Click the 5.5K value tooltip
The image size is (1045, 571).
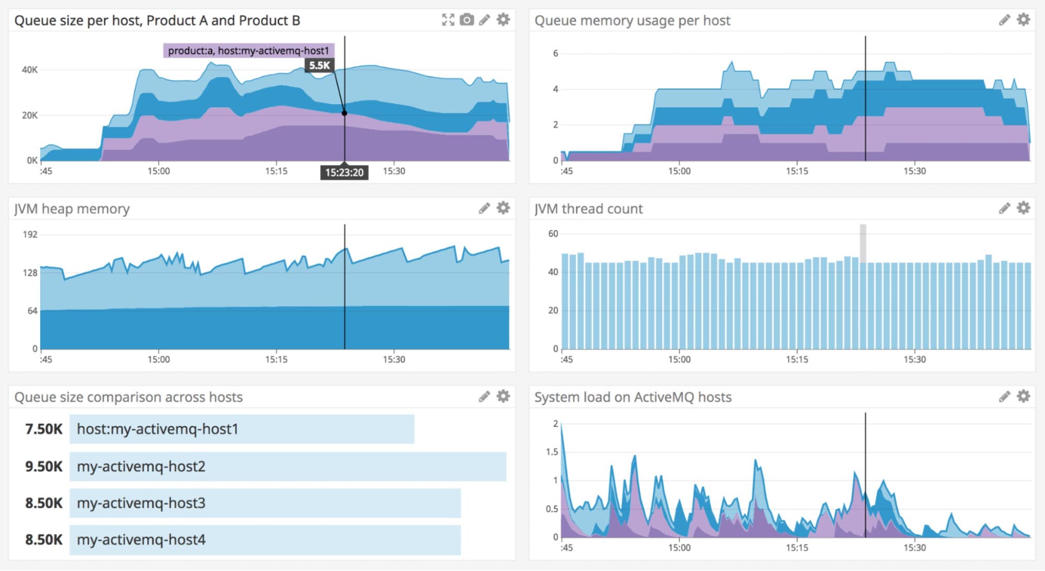pos(319,65)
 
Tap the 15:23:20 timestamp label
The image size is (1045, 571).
pos(344,172)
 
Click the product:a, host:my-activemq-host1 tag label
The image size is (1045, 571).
pos(248,51)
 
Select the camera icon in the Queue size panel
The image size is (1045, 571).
pos(466,20)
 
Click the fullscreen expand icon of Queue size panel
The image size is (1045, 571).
pos(448,20)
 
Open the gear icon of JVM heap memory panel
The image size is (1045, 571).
pos(503,208)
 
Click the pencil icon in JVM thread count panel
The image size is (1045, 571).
pos(1004,208)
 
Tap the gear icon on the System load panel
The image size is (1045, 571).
pos(1023,397)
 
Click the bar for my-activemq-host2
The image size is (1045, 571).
pos(288,466)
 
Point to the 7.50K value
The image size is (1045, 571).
pos(43,429)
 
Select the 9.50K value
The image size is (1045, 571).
pos(43,466)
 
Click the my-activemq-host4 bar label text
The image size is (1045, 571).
pos(141,540)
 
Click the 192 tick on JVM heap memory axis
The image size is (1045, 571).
pos(30,235)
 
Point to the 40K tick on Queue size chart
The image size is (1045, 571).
pos(29,69)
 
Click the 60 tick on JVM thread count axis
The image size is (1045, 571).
pos(553,234)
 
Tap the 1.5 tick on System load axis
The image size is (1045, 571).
pos(552,452)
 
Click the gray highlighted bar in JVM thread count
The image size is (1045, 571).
pos(863,243)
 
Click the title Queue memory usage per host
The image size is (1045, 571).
pos(631,20)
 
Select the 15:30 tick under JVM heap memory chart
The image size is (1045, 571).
pos(394,359)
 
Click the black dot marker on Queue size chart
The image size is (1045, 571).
pos(344,113)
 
